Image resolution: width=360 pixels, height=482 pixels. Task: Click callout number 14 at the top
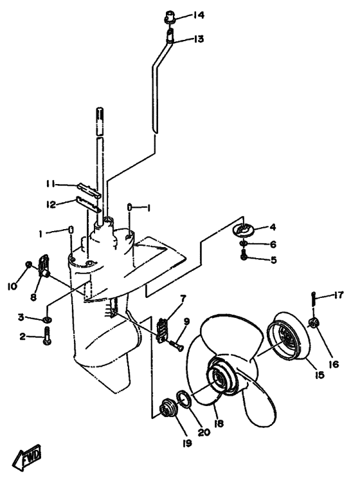point(199,15)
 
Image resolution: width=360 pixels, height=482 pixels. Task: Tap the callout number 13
point(199,39)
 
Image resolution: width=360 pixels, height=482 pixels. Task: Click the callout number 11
point(50,184)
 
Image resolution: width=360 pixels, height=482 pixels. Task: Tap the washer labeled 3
point(47,320)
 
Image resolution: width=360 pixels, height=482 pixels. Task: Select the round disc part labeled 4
point(244,228)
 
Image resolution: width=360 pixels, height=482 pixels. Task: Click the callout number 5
point(273,260)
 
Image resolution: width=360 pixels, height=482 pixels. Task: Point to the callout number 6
point(273,245)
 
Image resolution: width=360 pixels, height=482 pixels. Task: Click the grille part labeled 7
point(162,330)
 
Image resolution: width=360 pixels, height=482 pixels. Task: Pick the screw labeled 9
point(176,346)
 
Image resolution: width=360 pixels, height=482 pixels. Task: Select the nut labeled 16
point(314,323)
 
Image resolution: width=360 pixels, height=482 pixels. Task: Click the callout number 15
point(319,375)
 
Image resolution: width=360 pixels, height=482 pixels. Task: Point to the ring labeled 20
point(184,400)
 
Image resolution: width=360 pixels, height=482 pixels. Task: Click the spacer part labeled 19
point(168,409)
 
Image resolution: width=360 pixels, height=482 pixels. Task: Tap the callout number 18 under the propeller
point(219,423)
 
